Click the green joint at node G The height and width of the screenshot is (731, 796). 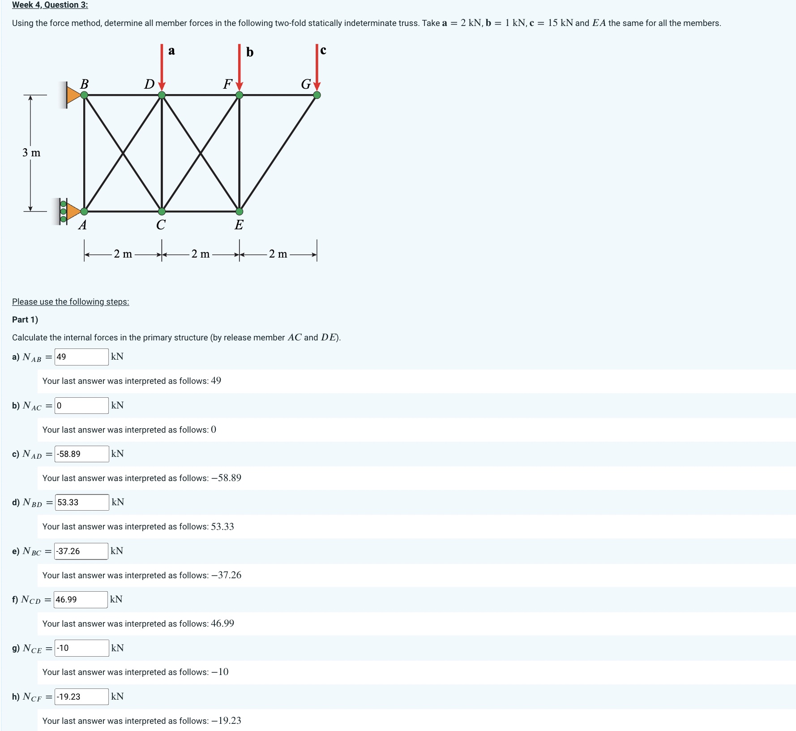317,95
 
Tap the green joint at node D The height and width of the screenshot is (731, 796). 162,95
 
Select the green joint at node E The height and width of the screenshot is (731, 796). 240,211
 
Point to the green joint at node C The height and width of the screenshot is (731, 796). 162,211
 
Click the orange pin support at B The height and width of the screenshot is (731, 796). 73,95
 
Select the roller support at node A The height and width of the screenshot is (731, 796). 69,211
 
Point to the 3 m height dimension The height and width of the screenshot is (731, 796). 31,153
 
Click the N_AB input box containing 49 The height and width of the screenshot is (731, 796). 81,357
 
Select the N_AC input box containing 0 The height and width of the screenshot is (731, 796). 81,406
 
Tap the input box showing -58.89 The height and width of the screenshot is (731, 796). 81,454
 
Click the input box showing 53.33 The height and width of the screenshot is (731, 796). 82,503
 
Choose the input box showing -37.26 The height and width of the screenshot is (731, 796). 81,551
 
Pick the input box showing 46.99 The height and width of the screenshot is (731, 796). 81,600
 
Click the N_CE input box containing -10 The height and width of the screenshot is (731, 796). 81,648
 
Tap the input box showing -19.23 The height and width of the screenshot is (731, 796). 81,697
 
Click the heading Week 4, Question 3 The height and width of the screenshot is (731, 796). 50,5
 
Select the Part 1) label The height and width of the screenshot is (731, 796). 25,320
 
